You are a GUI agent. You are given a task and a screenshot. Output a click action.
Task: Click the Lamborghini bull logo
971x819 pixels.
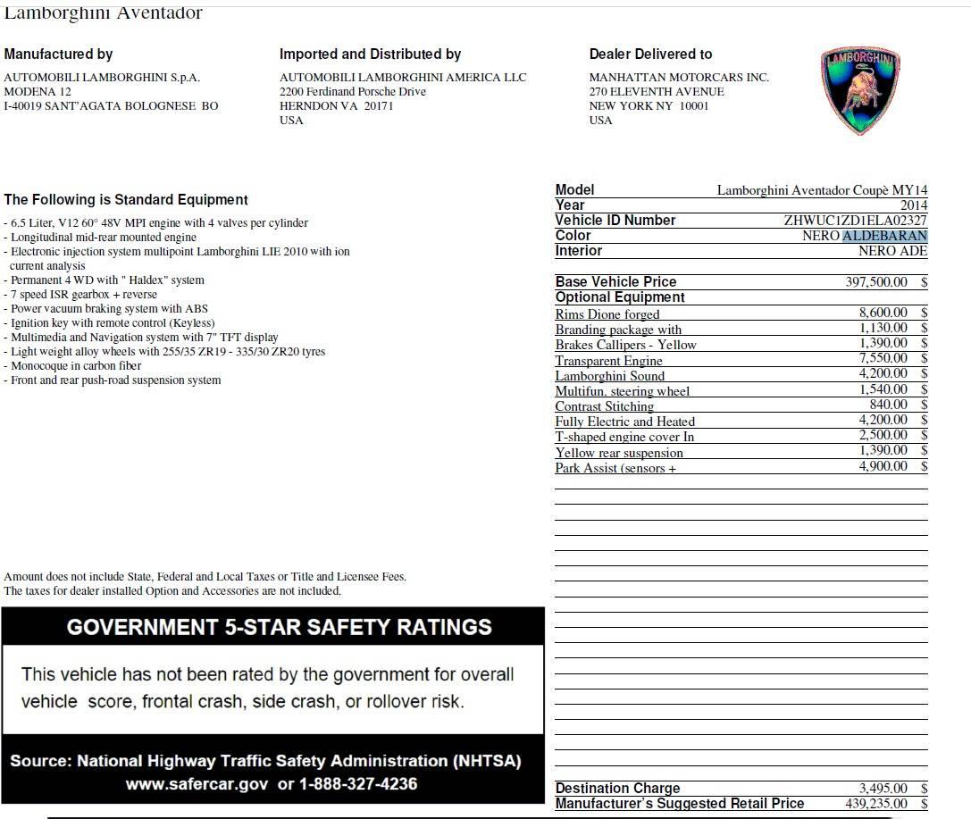pos(859,90)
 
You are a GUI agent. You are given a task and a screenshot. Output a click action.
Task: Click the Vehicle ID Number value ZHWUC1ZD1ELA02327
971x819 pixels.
pos(855,221)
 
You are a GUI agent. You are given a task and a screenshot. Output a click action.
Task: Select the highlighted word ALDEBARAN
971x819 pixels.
pos(884,236)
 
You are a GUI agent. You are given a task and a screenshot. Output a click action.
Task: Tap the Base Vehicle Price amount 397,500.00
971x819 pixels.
pos(875,282)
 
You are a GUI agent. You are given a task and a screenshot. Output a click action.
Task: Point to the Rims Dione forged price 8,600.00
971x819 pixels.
pos(883,313)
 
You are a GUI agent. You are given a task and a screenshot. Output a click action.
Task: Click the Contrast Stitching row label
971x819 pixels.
pos(604,406)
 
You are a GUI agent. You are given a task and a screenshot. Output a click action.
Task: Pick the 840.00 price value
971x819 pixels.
pos(888,405)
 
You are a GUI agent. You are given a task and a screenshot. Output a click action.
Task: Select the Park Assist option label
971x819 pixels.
pos(615,468)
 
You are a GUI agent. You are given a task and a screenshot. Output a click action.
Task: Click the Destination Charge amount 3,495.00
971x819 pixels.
pos(883,788)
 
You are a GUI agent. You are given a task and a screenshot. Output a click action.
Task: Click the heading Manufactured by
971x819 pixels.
pos(58,54)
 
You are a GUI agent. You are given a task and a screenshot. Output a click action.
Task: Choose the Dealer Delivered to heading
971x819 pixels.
pos(650,54)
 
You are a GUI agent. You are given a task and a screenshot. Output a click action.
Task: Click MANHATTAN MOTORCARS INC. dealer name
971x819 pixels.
pos(678,78)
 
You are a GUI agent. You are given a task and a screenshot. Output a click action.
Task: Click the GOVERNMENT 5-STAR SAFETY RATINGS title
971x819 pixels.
pos(279,627)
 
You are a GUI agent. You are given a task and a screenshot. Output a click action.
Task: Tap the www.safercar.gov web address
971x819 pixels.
pos(196,784)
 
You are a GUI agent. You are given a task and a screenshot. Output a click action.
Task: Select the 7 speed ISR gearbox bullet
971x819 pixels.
pos(83,295)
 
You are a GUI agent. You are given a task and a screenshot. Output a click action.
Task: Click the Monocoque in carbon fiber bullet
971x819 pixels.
pos(75,366)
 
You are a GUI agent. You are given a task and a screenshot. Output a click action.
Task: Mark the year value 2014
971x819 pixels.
pos(913,205)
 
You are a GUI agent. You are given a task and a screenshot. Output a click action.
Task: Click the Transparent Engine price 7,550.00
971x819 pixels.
pos(883,359)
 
